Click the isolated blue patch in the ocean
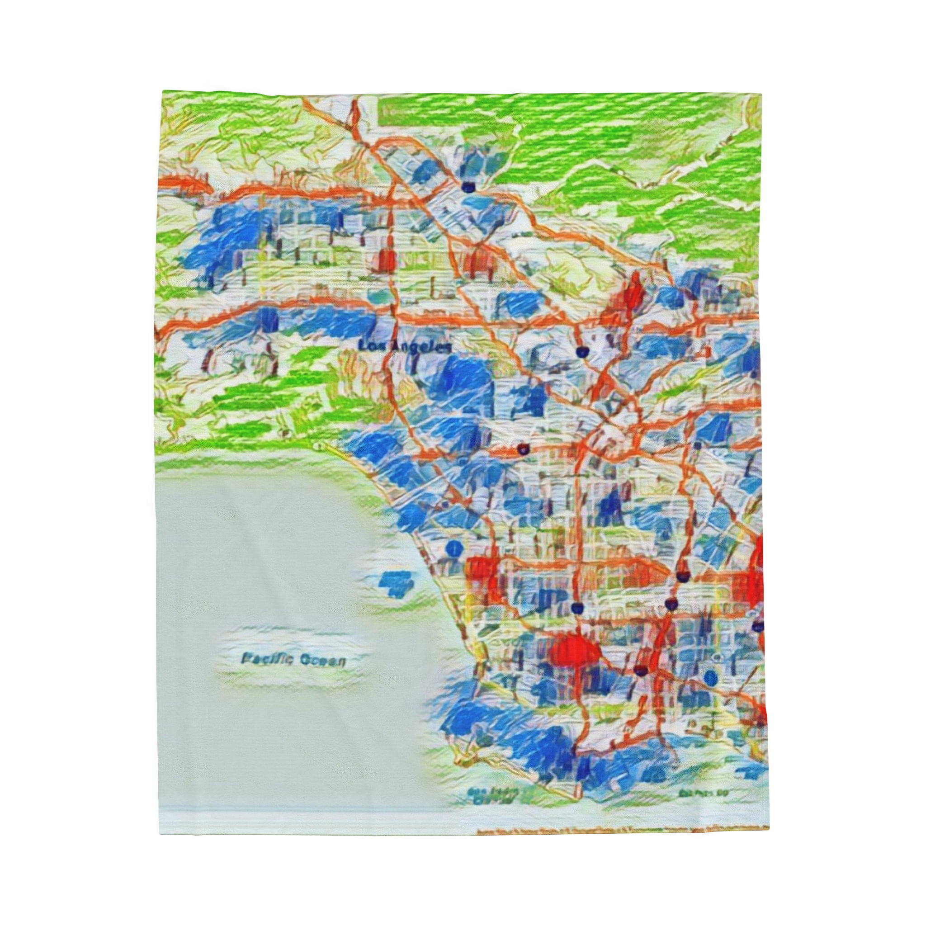point(396,583)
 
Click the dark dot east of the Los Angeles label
point(582,352)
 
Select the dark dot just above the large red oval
point(578,608)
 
